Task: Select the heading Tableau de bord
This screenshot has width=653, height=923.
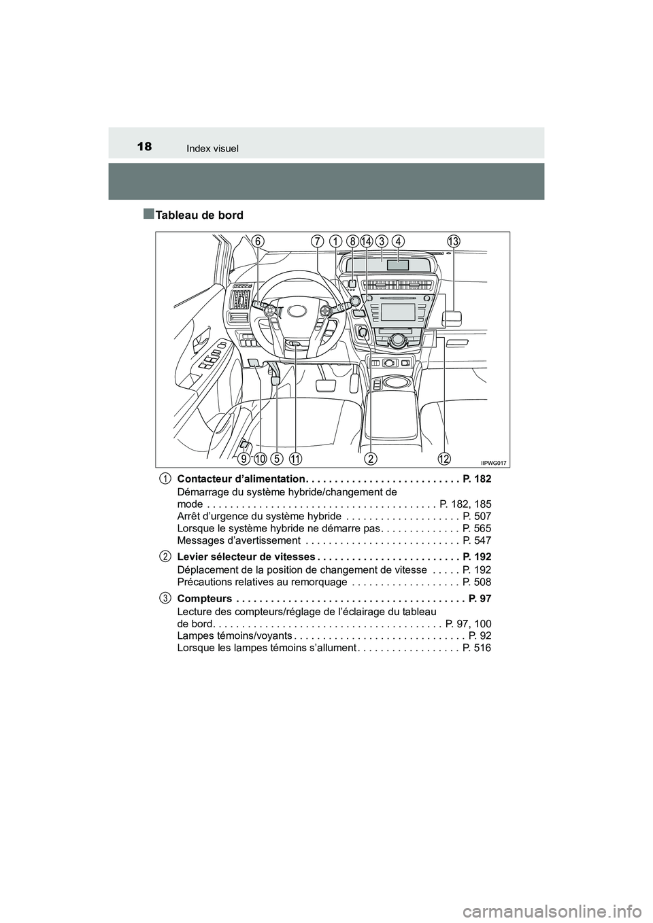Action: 199,215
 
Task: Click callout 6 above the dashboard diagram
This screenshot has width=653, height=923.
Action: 257,240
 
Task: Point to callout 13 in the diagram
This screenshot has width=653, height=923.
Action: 454,241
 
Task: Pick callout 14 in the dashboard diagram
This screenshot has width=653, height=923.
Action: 367,241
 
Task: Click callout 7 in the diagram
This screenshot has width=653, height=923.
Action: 318,241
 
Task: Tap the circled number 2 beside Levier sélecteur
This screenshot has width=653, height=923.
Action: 165,556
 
